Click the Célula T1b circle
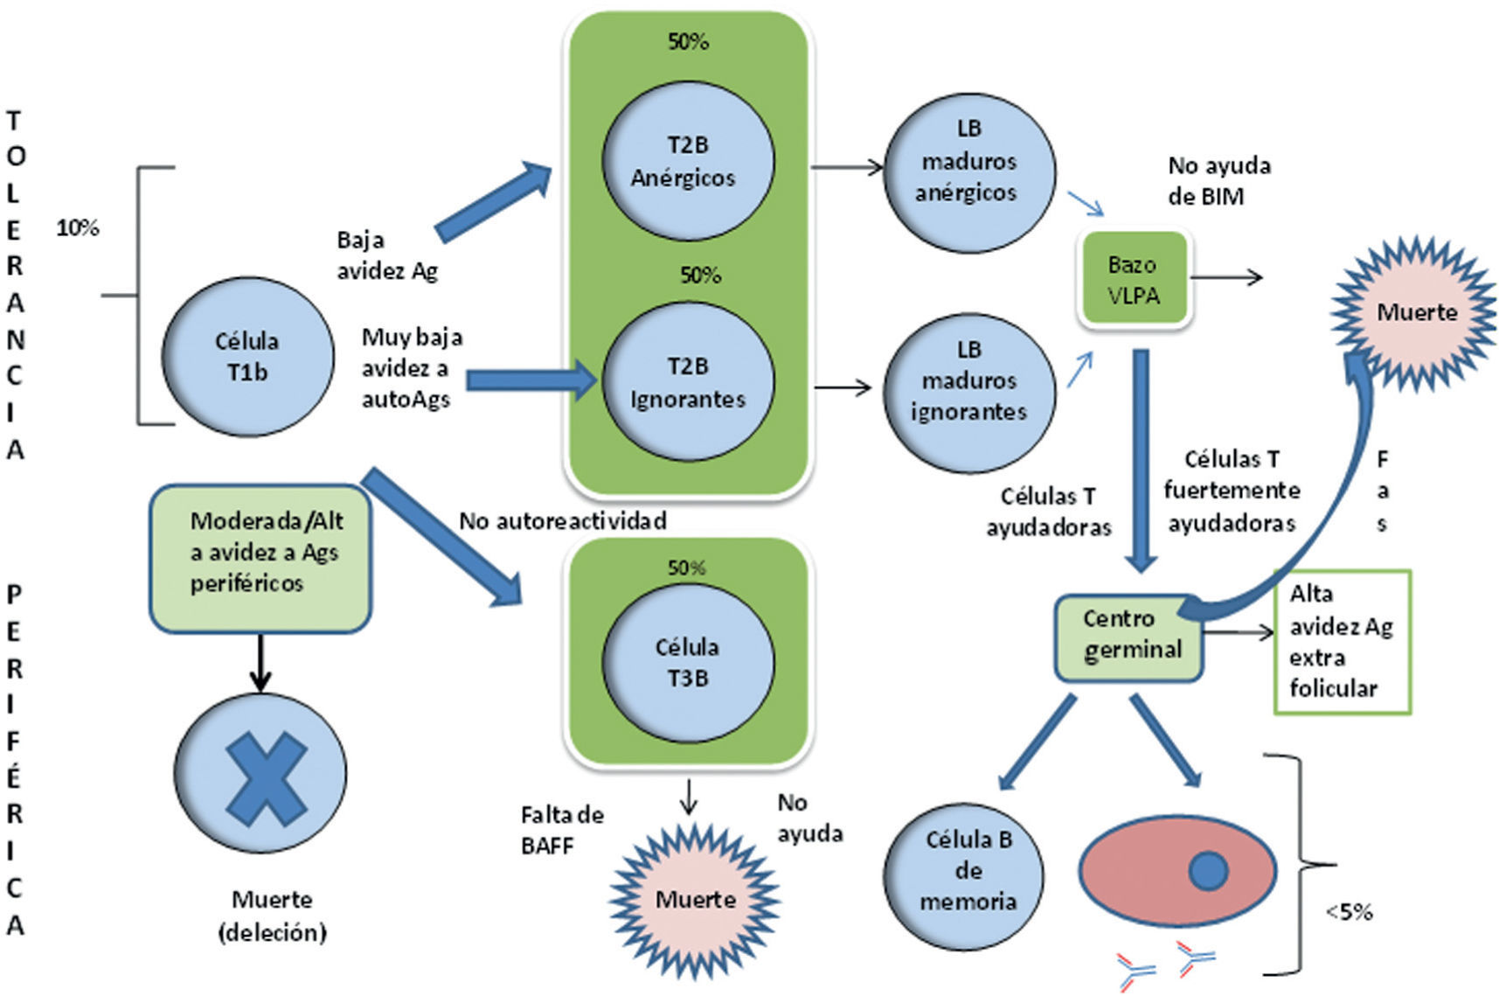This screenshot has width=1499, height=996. coord(247,357)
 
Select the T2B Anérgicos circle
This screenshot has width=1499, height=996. coord(687,161)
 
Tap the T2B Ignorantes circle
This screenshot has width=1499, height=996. coord(687,382)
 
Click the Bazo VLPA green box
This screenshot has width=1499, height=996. coord(1134,280)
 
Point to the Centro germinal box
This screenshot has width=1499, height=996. coord(1129,635)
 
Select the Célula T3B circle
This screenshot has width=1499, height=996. coord(687,662)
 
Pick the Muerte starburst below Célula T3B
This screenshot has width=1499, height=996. coord(695,900)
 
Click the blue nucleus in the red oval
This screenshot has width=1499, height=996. coord(1209,870)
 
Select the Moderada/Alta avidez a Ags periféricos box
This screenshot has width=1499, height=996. coord(260,558)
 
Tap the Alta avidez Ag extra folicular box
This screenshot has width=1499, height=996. coord(1341,642)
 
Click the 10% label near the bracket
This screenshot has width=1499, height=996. coord(78,228)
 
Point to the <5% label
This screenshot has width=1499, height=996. coord(1349,912)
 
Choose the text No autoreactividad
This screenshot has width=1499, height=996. coord(562,521)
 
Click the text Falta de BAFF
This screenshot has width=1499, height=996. coord(561,830)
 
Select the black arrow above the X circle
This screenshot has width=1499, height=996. coord(260,662)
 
